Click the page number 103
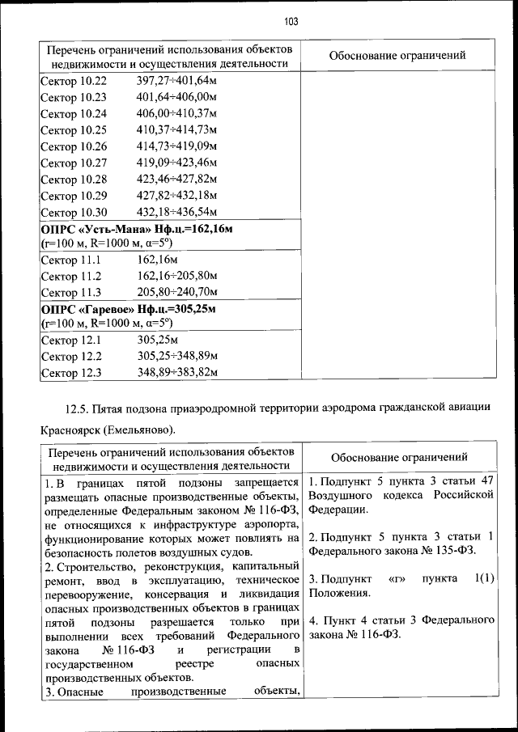[291, 22]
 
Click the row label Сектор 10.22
[74, 82]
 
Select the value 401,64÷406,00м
[177, 98]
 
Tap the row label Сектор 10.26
[74, 147]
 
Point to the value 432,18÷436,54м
[177, 213]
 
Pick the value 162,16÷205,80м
[177, 277]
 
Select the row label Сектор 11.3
[70, 293]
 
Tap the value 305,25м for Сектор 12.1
[157, 341]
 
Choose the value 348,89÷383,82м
[177, 372]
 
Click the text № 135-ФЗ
[449, 552]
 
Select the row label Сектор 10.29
[74, 196]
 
